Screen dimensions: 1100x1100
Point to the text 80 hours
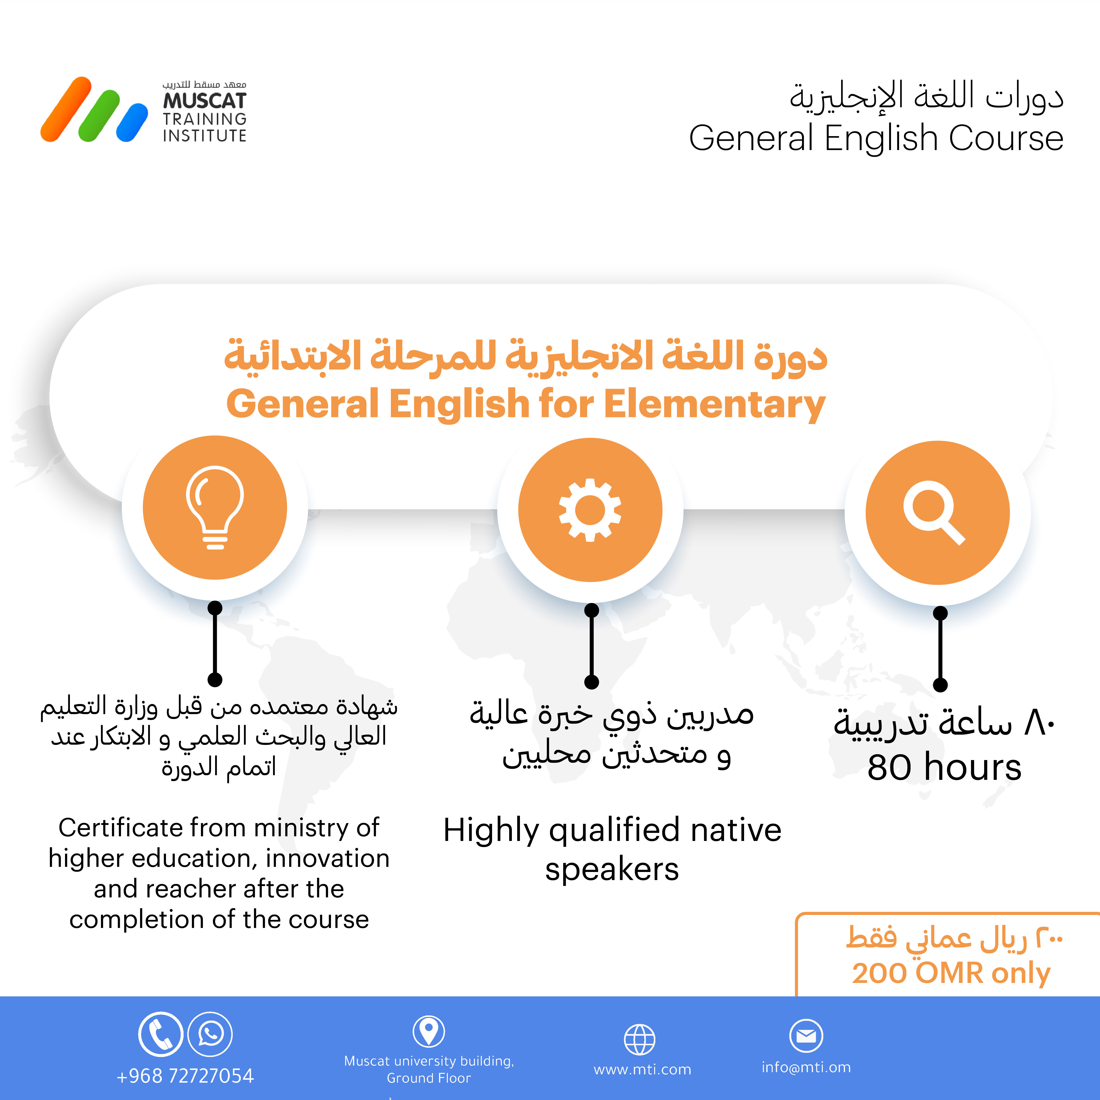tap(944, 767)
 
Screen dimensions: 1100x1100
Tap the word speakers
tap(612, 869)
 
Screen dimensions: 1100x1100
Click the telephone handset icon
tap(161, 1034)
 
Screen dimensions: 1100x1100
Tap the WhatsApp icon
tap(210, 1034)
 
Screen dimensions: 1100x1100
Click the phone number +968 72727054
tap(185, 1076)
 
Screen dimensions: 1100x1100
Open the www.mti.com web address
tap(642, 1069)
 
